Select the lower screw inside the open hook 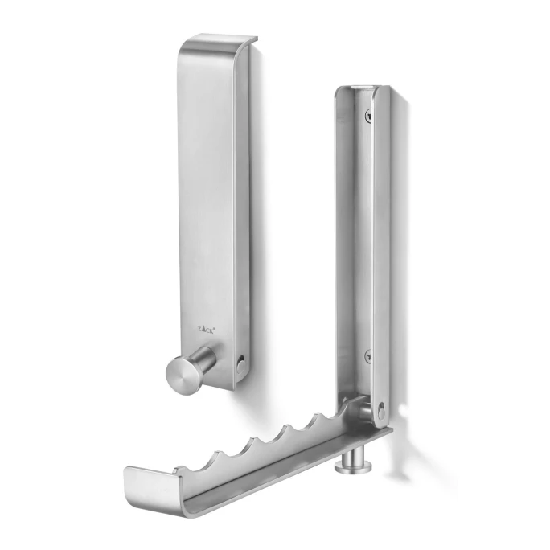(367, 355)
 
